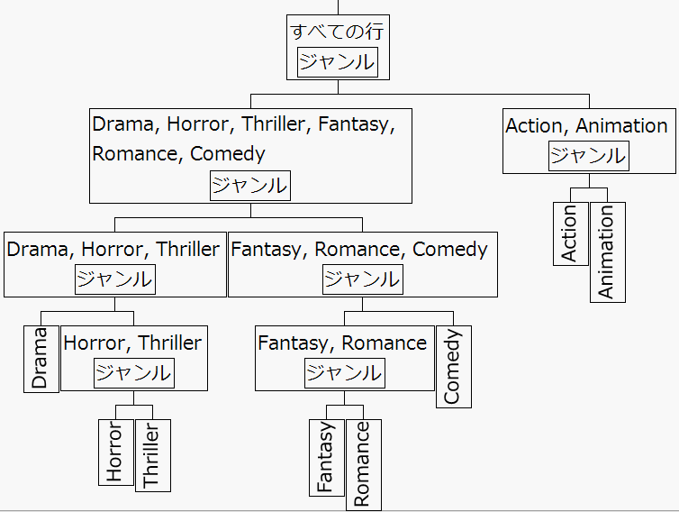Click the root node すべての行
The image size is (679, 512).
click(x=338, y=32)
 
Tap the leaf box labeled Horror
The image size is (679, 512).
click(x=115, y=452)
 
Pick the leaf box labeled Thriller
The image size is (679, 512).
click(x=152, y=455)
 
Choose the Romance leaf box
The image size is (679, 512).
click(x=363, y=463)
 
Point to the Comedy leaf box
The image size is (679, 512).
click(x=453, y=366)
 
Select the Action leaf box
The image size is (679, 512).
click(x=570, y=233)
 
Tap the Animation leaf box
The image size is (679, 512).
click(x=607, y=251)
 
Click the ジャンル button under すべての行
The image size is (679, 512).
click(x=337, y=62)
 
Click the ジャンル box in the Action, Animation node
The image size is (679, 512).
click(x=588, y=155)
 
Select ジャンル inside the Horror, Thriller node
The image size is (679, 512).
click(x=133, y=372)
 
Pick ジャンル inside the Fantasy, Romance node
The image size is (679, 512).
click(x=343, y=372)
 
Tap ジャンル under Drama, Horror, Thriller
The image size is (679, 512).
click(x=114, y=279)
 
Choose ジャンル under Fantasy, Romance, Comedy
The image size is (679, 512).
click(x=362, y=279)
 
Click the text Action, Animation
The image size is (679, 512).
click(x=587, y=126)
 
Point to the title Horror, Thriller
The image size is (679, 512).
click(x=133, y=343)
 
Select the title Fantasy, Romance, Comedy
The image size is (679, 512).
click(x=359, y=250)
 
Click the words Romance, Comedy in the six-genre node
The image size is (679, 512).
click(x=178, y=153)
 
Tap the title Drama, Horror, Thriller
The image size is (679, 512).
click(x=113, y=250)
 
